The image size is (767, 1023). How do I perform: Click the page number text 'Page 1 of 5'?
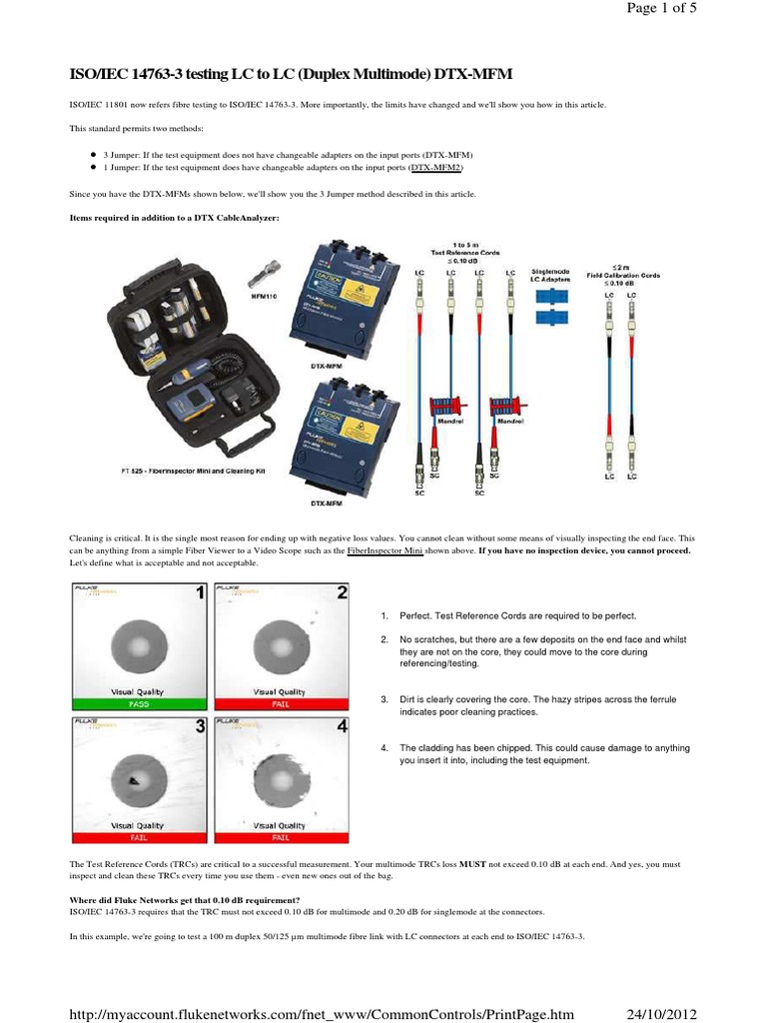point(713,18)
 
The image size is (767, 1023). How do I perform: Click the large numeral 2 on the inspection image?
point(342,592)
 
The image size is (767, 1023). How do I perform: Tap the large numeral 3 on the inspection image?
point(201,727)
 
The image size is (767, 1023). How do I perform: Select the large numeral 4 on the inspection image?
point(342,727)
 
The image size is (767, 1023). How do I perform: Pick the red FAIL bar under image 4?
point(279,838)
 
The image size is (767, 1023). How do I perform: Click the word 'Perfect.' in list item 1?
point(420,615)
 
